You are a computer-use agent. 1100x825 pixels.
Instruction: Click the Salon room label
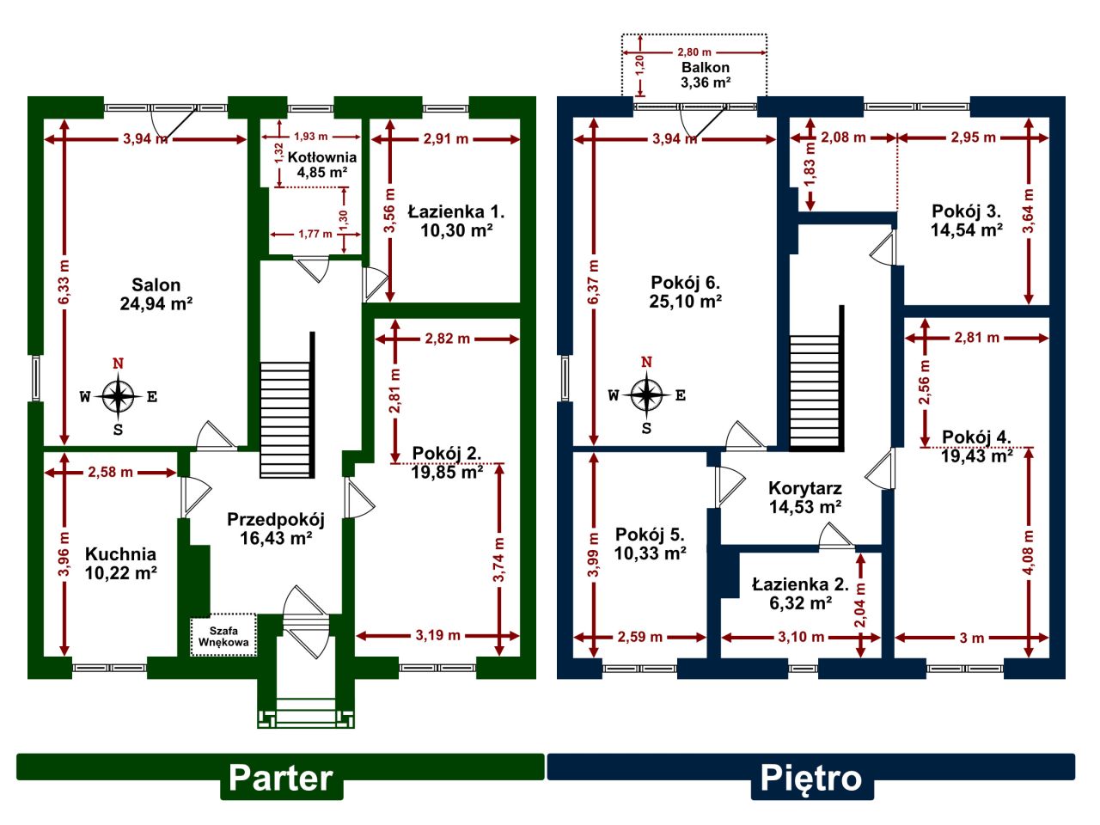coord(156,294)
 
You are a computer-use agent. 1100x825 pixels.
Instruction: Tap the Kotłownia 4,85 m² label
coord(321,164)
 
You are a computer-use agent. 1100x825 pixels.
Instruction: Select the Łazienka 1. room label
coord(455,220)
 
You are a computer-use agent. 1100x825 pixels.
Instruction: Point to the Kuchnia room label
coord(120,563)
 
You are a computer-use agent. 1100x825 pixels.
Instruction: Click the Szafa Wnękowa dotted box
coord(223,636)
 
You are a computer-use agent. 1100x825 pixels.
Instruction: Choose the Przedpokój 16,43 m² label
coord(275,529)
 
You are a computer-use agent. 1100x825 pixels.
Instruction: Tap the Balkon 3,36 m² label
coord(706,75)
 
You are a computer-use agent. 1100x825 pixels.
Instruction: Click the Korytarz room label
coord(804,498)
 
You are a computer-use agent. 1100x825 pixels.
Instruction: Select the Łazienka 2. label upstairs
coord(800,594)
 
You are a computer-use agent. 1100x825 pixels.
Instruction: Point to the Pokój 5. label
coord(650,544)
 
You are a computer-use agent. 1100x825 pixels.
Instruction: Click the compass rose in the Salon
coord(119,396)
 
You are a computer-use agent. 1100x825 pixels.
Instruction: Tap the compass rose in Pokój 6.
coord(647,395)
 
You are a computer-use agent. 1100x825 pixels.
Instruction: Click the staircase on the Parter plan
coord(285,419)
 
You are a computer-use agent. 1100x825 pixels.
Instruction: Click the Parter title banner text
coord(281,778)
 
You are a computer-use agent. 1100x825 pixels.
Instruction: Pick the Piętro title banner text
coord(810,778)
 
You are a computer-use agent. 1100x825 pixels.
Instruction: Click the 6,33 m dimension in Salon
coord(64,281)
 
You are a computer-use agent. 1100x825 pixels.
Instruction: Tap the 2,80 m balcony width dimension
coord(694,52)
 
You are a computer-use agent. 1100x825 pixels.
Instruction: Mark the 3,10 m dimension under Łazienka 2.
coord(800,638)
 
